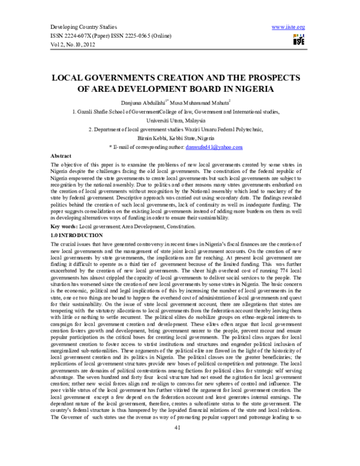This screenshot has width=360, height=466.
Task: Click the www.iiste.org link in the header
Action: tap(289, 27)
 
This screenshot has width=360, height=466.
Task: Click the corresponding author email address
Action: tap(212, 147)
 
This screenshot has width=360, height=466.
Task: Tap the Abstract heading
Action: tap(64, 154)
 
